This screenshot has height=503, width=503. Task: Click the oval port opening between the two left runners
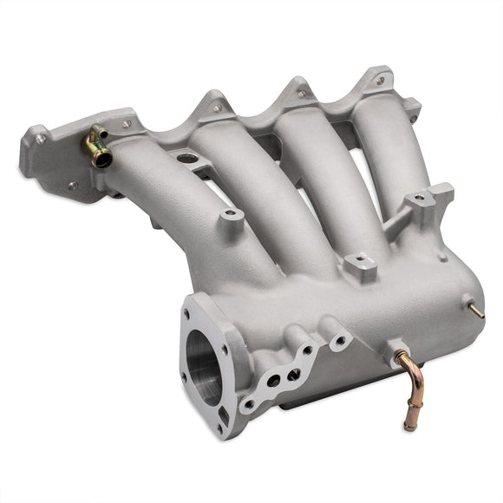184,159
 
